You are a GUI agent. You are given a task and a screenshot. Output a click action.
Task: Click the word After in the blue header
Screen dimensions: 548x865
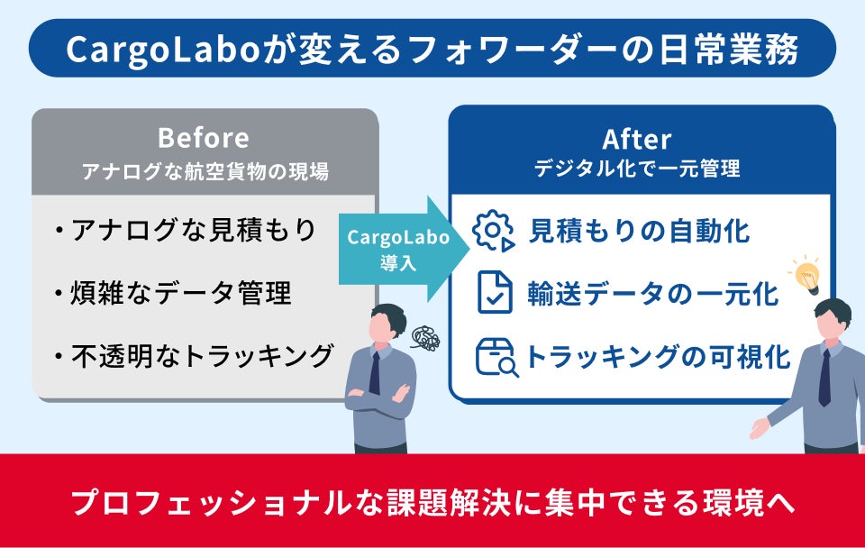point(636,139)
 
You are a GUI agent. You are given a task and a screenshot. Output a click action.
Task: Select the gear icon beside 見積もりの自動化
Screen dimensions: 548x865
point(493,231)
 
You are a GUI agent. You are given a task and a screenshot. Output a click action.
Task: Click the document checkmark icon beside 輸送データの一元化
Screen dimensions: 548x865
point(494,293)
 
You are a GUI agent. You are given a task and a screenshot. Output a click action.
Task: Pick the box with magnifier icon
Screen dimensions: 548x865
point(496,357)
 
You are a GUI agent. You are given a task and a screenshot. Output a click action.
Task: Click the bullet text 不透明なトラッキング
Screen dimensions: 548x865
point(203,355)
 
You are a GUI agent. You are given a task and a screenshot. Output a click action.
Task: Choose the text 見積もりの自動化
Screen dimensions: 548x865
point(639,231)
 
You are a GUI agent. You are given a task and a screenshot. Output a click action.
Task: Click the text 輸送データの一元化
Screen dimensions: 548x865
point(653,294)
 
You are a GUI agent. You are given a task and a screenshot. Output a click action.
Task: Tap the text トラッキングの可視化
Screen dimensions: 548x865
point(658,357)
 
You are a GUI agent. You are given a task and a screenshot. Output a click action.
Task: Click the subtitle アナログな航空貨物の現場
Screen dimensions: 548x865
point(204,169)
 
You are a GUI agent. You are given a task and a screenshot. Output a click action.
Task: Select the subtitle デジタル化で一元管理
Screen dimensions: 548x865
point(636,169)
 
